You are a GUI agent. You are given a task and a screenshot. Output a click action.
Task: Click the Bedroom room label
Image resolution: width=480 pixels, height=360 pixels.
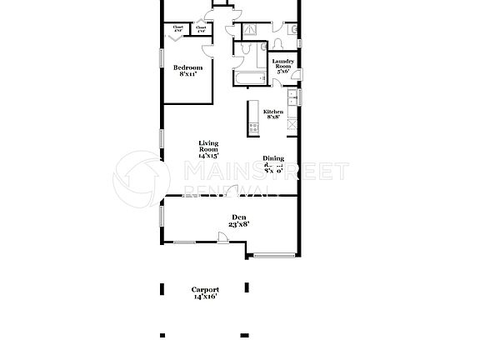(188, 67)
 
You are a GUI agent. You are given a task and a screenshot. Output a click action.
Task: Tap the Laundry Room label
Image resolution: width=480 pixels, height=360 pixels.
(283, 62)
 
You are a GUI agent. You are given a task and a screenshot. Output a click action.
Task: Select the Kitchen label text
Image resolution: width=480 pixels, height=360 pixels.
(272, 112)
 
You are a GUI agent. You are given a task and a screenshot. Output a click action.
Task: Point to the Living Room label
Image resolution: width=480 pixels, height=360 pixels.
(208, 146)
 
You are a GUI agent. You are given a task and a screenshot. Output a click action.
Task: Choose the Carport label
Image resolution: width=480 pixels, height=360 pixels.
(206, 290)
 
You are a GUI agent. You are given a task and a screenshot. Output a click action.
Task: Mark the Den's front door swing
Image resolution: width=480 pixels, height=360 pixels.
(224, 238)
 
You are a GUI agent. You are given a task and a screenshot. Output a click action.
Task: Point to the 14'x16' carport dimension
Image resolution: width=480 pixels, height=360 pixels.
(205, 297)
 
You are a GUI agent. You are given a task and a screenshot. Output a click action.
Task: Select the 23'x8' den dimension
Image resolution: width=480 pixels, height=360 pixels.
(239, 223)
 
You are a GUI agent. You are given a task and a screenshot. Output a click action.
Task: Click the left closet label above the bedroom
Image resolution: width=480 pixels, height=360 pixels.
(178, 29)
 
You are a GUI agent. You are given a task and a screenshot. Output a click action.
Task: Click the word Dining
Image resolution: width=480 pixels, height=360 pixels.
(272, 158)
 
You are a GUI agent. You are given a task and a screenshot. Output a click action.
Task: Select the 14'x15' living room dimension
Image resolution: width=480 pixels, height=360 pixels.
(208, 156)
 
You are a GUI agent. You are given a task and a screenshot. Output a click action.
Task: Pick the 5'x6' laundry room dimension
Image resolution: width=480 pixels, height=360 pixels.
(283, 72)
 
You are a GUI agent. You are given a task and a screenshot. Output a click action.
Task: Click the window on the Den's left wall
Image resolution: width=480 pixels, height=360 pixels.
(162, 215)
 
